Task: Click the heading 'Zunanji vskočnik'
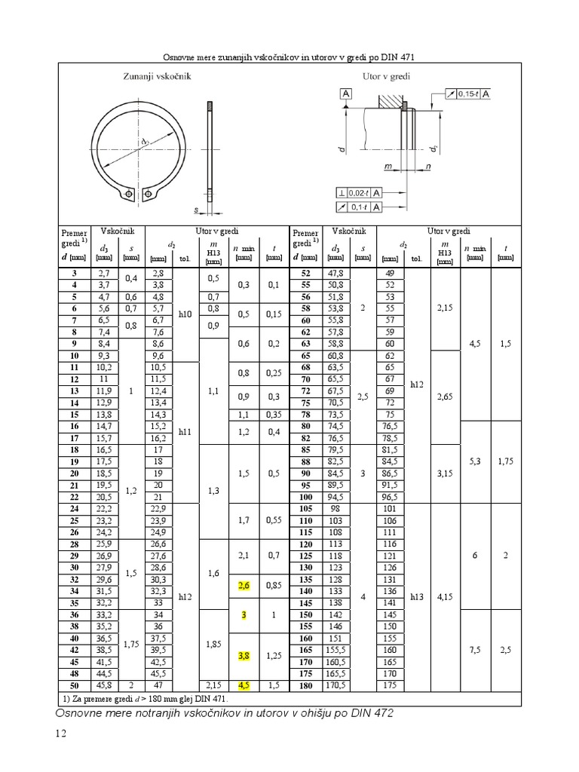157,76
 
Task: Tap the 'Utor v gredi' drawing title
387,76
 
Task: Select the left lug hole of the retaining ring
129,194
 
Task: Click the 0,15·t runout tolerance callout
467,93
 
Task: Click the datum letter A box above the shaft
346,93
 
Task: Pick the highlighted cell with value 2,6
244,585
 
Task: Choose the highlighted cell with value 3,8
244,656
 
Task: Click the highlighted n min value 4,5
244,685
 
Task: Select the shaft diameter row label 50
75,685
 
